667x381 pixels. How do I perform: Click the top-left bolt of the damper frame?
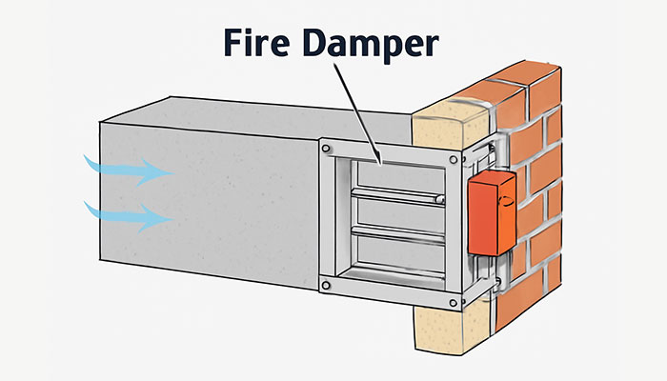(327, 149)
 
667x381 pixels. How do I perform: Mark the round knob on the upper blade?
(438, 198)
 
